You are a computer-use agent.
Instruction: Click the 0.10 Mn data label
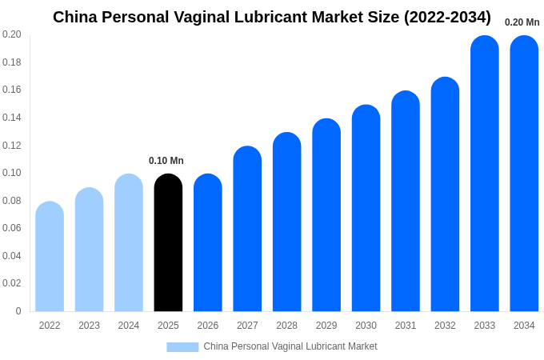pyautogui.click(x=166, y=161)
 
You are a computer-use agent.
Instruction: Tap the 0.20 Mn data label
pyautogui.click(x=522, y=22)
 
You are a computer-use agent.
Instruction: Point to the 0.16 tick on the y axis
pyautogui.click(x=12, y=90)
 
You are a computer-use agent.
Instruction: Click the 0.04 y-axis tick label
pyautogui.click(x=12, y=256)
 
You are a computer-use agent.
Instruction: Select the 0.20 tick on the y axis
pyautogui.click(x=12, y=34)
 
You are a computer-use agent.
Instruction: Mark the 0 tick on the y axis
pyautogui.click(x=18, y=311)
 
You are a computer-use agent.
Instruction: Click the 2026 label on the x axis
pyautogui.click(x=208, y=326)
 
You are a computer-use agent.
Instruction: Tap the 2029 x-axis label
pyautogui.click(x=326, y=326)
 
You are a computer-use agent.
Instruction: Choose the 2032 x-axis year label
pyautogui.click(x=445, y=326)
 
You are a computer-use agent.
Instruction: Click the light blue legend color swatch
pyautogui.click(x=182, y=346)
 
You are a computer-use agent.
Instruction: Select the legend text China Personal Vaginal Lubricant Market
pyautogui.click(x=290, y=346)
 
